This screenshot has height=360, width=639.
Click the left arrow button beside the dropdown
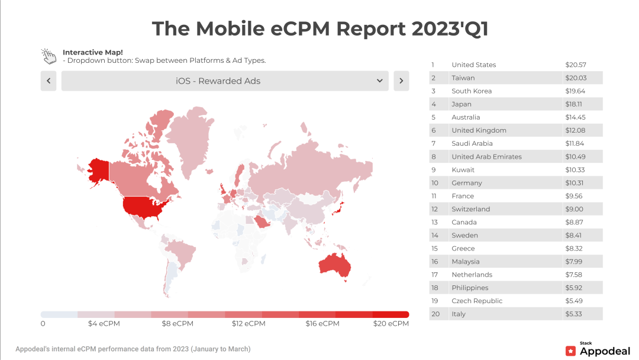click(x=49, y=81)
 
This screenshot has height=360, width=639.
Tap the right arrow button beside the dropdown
click(x=401, y=81)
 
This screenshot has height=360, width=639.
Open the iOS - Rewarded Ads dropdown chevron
click(x=380, y=81)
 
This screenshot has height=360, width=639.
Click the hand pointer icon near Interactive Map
click(x=49, y=56)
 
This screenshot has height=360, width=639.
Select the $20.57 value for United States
click(x=575, y=65)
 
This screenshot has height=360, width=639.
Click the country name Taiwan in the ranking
click(x=463, y=78)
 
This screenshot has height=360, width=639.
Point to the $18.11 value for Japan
click(x=575, y=104)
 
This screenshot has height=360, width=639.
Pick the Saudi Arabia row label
click(x=472, y=143)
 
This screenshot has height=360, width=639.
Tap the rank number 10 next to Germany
click(x=435, y=183)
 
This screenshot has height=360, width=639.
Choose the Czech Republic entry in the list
click(x=477, y=301)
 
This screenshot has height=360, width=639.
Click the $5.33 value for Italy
click(x=574, y=314)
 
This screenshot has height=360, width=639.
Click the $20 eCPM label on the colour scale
click(x=390, y=324)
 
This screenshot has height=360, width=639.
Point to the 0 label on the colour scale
click(x=43, y=324)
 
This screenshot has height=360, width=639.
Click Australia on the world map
click(x=335, y=266)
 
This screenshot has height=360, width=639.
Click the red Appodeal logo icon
click(x=570, y=351)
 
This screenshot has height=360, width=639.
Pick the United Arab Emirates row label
click(x=486, y=157)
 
